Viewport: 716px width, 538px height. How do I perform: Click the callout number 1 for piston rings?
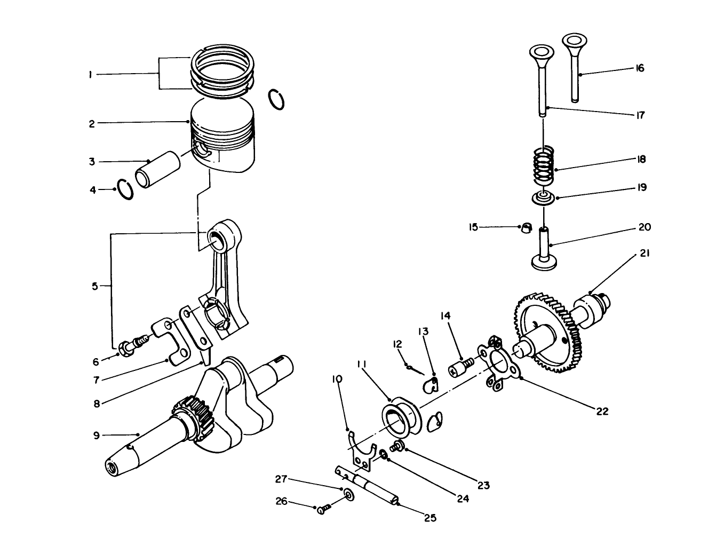[x=91, y=75]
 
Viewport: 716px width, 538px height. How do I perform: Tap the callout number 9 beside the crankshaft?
[x=97, y=436]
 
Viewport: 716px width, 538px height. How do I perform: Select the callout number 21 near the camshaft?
[x=644, y=255]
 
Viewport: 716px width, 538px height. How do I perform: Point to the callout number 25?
[x=430, y=517]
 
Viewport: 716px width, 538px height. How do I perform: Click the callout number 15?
[x=473, y=227]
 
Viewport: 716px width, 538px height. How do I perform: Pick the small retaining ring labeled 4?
[x=126, y=189]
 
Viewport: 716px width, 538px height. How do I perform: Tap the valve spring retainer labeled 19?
[x=544, y=198]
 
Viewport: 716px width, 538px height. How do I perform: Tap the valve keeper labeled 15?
[x=526, y=228]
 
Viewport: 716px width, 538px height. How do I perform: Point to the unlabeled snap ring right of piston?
[x=276, y=100]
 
